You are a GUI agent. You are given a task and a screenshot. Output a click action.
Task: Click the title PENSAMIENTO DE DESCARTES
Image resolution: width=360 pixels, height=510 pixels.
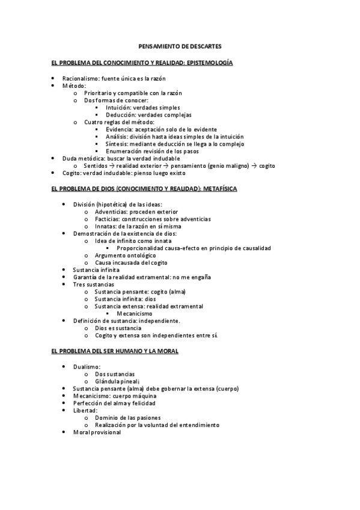click(180, 46)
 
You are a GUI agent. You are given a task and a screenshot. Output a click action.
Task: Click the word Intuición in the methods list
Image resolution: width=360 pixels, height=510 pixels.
click(118, 108)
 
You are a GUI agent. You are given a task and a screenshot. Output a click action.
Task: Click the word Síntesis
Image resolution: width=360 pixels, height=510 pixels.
click(117, 144)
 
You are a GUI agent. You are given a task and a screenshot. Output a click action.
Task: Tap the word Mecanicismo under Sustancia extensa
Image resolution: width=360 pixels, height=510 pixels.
click(135, 313)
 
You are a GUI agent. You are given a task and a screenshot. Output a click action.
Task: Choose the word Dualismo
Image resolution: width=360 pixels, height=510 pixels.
click(87, 366)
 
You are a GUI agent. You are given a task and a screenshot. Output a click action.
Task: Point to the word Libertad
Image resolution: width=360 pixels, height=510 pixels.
click(85, 410)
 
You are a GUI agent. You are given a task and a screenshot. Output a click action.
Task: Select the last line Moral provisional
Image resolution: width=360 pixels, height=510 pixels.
click(97, 432)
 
